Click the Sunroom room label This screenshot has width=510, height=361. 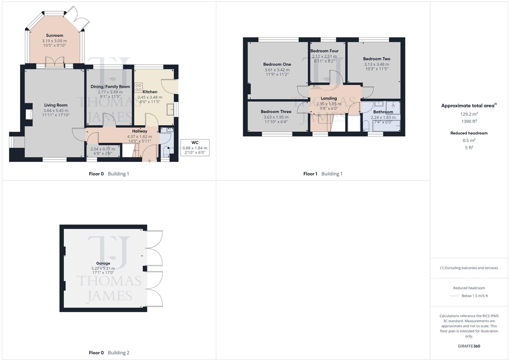point(54,35)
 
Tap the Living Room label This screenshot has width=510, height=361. point(55,105)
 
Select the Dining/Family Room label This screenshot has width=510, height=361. point(110,87)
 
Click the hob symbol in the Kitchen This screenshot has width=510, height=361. point(138,88)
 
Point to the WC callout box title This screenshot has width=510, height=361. point(195,142)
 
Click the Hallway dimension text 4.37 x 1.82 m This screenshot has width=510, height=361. point(139,136)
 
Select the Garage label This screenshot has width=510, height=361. point(103,263)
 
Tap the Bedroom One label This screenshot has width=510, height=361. point(277,64)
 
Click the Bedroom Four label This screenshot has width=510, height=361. point(324,51)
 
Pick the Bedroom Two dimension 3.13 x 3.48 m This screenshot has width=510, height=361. point(376,64)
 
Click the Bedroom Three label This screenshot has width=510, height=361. point(276,112)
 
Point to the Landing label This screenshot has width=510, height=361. point(329,98)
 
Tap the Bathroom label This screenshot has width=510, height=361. point(383,112)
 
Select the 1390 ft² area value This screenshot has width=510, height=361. point(469,121)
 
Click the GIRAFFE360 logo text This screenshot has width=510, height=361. point(469,346)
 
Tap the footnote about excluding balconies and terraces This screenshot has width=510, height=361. point(469,268)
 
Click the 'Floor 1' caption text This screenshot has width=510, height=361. point(310,174)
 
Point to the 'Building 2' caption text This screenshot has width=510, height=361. point(118,353)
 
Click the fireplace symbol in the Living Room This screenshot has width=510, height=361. point(29,114)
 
